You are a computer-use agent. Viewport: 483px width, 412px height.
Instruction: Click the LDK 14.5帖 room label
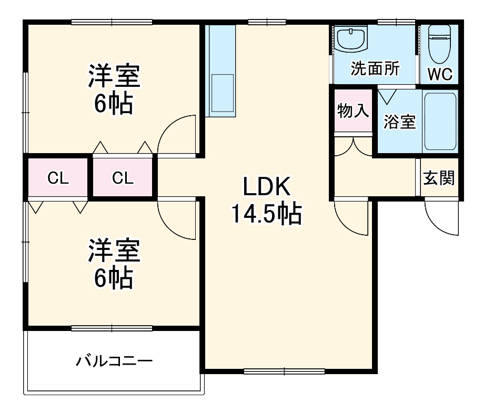(x=266, y=200)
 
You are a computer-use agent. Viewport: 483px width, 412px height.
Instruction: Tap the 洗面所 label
(x=375, y=69)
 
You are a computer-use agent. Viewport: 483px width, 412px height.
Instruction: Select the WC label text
(x=439, y=75)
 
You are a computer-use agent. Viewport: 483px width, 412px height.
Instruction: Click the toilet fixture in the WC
(x=438, y=45)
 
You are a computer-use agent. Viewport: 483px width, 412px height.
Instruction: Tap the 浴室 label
(x=399, y=122)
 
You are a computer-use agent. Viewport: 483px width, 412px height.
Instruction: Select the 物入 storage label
(x=353, y=112)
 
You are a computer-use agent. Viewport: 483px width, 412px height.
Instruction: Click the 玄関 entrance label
(x=439, y=178)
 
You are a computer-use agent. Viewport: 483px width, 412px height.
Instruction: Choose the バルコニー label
(x=114, y=361)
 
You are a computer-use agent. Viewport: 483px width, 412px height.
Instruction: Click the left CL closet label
(x=58, y=178)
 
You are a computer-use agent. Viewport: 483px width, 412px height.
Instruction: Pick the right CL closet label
(x=123, y=178)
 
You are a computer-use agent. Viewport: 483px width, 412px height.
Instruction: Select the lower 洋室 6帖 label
(x=114, y=264)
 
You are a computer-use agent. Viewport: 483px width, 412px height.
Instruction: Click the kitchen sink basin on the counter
(x=222, y=92)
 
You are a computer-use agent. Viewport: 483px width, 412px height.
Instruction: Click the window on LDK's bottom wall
(x=284, y=371)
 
